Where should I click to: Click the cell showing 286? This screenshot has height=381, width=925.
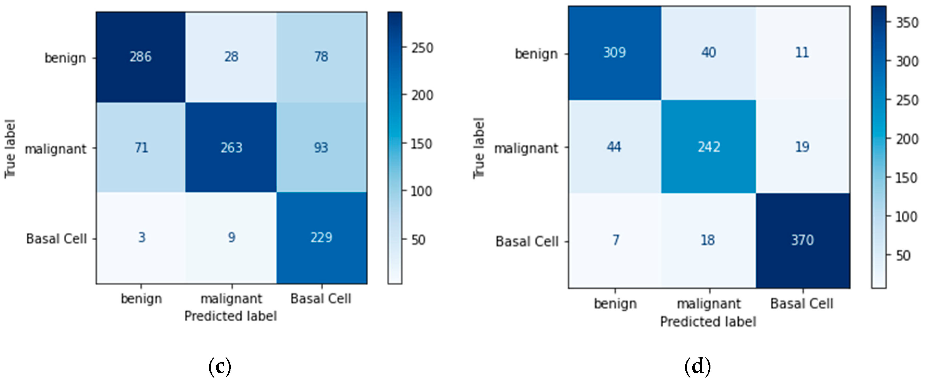(141, 57)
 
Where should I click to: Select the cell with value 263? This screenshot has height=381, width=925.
(231, 148)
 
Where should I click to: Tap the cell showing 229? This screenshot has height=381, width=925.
(321, 238)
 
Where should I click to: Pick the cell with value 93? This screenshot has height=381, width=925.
(321, 148)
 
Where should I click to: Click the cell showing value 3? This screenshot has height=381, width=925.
(141, 238)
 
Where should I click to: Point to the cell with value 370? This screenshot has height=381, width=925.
(802, 240)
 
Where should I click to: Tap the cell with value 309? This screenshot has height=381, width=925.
(614, 53)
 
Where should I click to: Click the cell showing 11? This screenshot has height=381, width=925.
(802, 53)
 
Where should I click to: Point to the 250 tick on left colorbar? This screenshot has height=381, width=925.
(422, 48)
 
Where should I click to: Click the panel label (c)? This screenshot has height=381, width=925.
(220, 367)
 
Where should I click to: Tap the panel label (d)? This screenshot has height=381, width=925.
(697, 367)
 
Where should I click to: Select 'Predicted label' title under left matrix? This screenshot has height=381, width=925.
(230, 316)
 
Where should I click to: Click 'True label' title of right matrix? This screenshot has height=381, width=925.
(479, 148)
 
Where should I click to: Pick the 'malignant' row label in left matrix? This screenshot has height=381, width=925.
(56, 149)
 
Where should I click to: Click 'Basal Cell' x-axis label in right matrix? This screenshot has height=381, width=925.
(802, 304)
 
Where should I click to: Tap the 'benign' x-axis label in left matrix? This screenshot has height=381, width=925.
(141, 299)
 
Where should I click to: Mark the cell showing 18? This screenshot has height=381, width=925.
(708, 240)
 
